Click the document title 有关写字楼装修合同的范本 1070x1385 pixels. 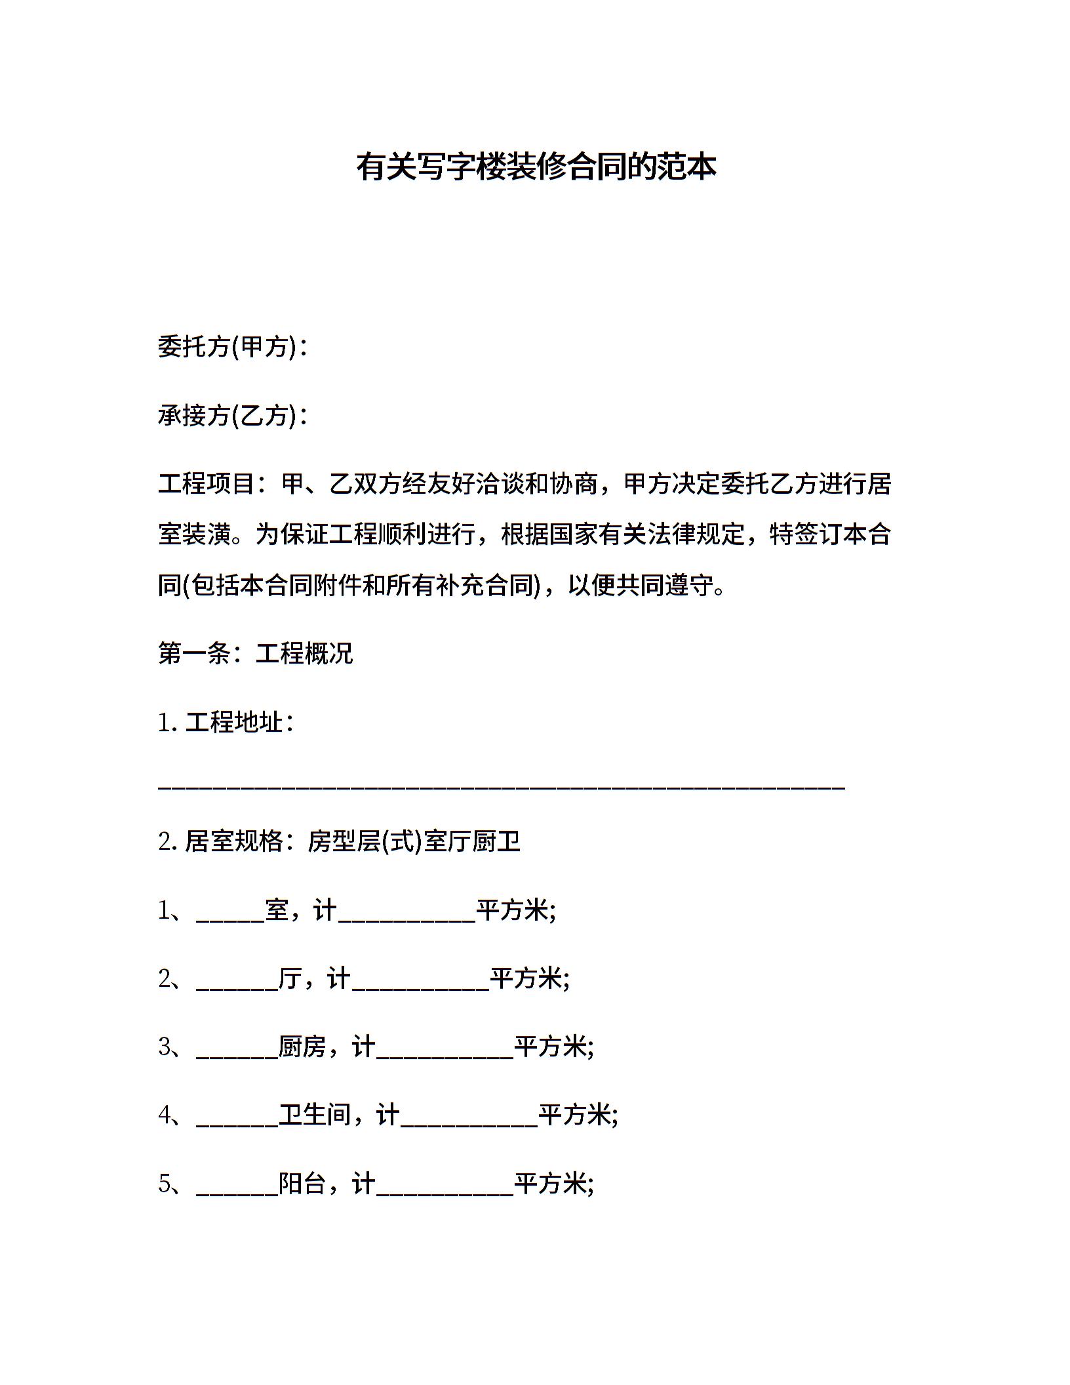tap(536, 167)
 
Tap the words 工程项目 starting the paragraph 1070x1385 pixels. tap(207, 484)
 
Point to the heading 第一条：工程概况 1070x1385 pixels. tap(256, 653)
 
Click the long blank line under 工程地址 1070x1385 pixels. tap(502, 786)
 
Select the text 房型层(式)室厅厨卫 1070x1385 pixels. tap(414, 841)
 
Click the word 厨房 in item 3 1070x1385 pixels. tap(302, 1047)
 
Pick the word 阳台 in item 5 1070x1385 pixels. tap(302, 1184)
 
